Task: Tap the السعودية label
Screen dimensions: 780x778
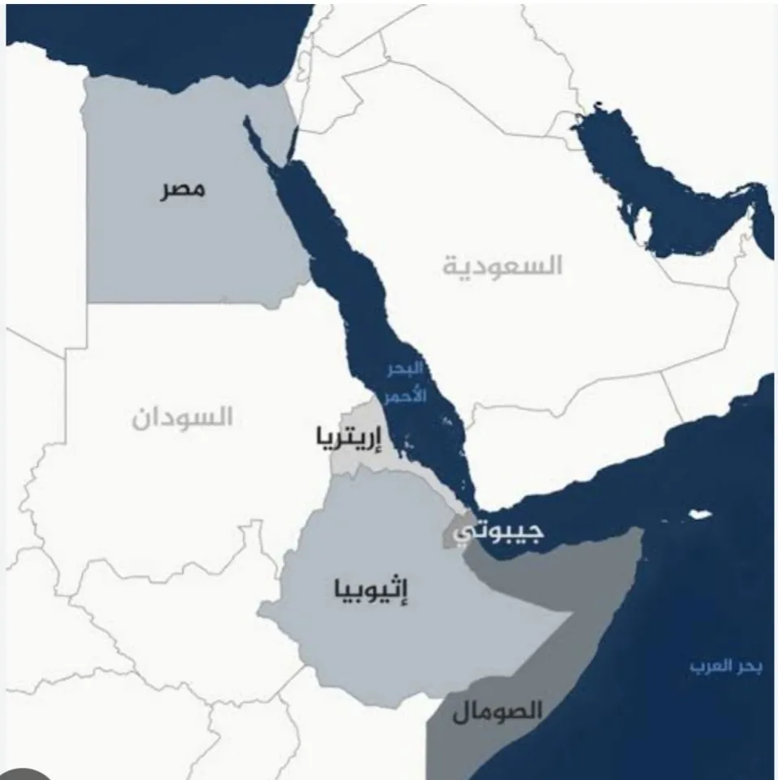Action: pyautogui.click(x=502, y=265)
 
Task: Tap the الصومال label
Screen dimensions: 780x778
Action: pyautogui.click(x=497, y=710)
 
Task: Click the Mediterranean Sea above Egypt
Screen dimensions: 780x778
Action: pyautogui.click(x=163, y=33)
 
